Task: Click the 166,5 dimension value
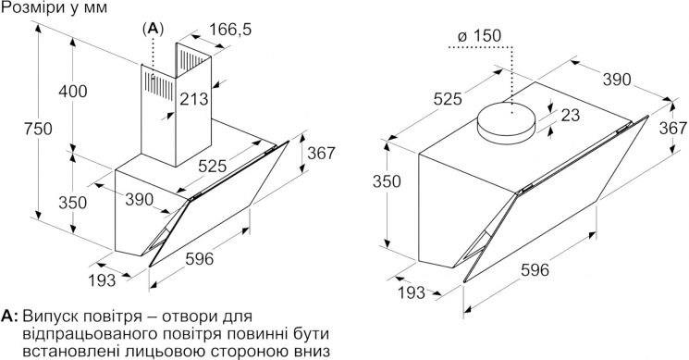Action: (229, 30)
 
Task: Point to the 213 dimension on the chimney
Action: (194, 98)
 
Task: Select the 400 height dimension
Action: (73, 92)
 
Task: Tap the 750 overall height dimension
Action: (38, 129)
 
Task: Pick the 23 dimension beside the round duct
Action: (571, 115)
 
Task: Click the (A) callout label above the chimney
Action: (153, 29)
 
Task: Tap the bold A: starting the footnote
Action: (9, 317)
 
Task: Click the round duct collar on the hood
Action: (506, 123)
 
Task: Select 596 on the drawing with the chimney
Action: (199, 259)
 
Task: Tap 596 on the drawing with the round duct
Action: (535, 269)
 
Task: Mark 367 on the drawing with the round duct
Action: (672, 128)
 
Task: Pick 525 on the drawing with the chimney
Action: (212, 167)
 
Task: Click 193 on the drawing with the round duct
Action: (412, 292)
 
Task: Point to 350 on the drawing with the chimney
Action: (73, 202)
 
